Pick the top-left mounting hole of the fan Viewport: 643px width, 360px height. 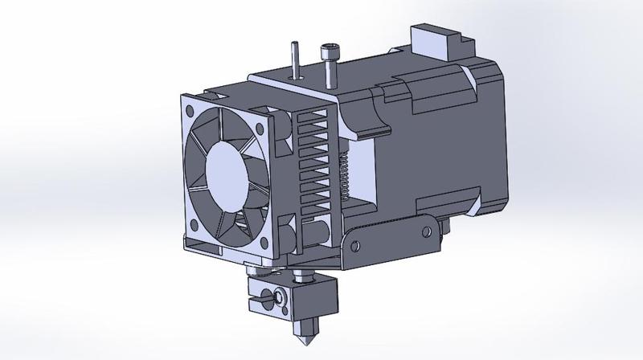[190, 109]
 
